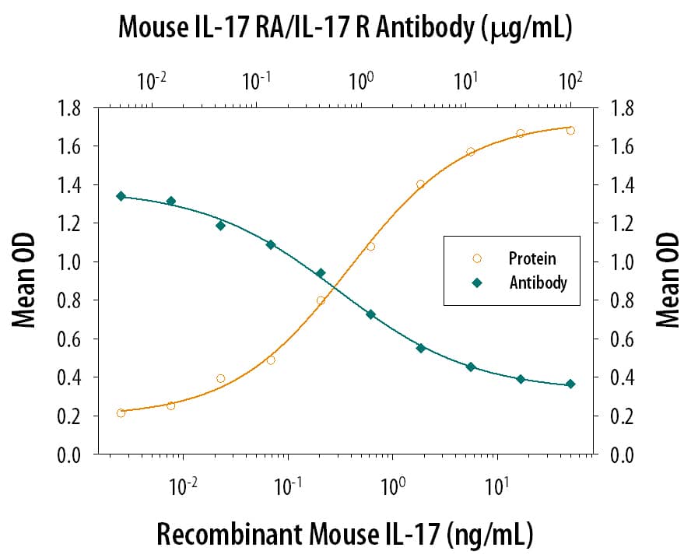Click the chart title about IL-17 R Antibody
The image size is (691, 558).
(345, 28)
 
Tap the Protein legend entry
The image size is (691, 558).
(531, 258)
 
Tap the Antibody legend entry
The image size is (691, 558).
(537, 283)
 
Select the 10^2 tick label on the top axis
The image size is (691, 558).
(570, 80)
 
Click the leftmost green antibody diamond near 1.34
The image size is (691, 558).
(121, 196)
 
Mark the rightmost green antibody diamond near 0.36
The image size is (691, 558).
(570, 384)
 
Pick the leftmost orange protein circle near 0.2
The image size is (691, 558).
(121, 413)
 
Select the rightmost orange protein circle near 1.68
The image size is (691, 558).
(570, 131)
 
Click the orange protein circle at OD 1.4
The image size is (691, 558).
(420, 184)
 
